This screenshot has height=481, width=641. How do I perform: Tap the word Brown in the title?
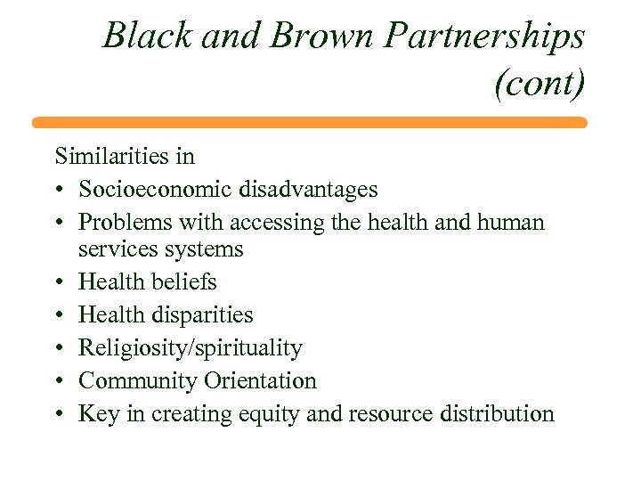tap(304, 37)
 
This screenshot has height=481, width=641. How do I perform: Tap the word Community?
tap(137, 381)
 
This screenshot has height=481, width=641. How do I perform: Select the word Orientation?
tap(260, 381)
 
